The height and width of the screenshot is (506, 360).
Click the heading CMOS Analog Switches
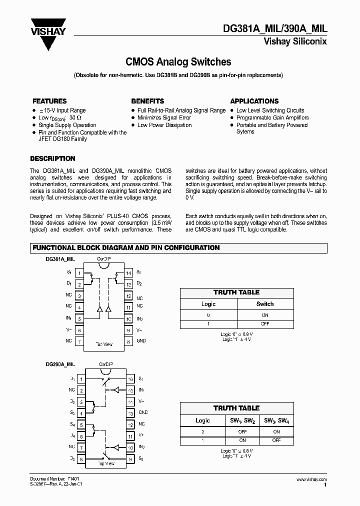coord(178,62)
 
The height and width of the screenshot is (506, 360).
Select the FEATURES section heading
coord(49,101)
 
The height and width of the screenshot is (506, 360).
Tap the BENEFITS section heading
coord(147,101)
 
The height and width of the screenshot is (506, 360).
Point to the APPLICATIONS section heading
coord(254,101)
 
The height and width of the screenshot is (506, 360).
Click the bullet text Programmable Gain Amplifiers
coord(272,118)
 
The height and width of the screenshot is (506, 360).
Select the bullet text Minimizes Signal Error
coord(164,118)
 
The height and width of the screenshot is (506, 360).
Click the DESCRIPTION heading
coord(52,158)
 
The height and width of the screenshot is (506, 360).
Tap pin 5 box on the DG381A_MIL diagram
coord(79,318)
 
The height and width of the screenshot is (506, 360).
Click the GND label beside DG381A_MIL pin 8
coord(141,341)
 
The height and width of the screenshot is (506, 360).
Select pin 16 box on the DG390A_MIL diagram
coord(130,379)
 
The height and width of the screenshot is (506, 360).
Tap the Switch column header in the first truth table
coord(265,304)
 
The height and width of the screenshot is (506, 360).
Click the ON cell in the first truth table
coord(265,315)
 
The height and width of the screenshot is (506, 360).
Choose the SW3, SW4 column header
coord(276,421)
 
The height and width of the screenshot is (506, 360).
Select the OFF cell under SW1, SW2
coord(242,431)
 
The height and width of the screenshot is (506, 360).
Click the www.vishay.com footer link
coord(312,479)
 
